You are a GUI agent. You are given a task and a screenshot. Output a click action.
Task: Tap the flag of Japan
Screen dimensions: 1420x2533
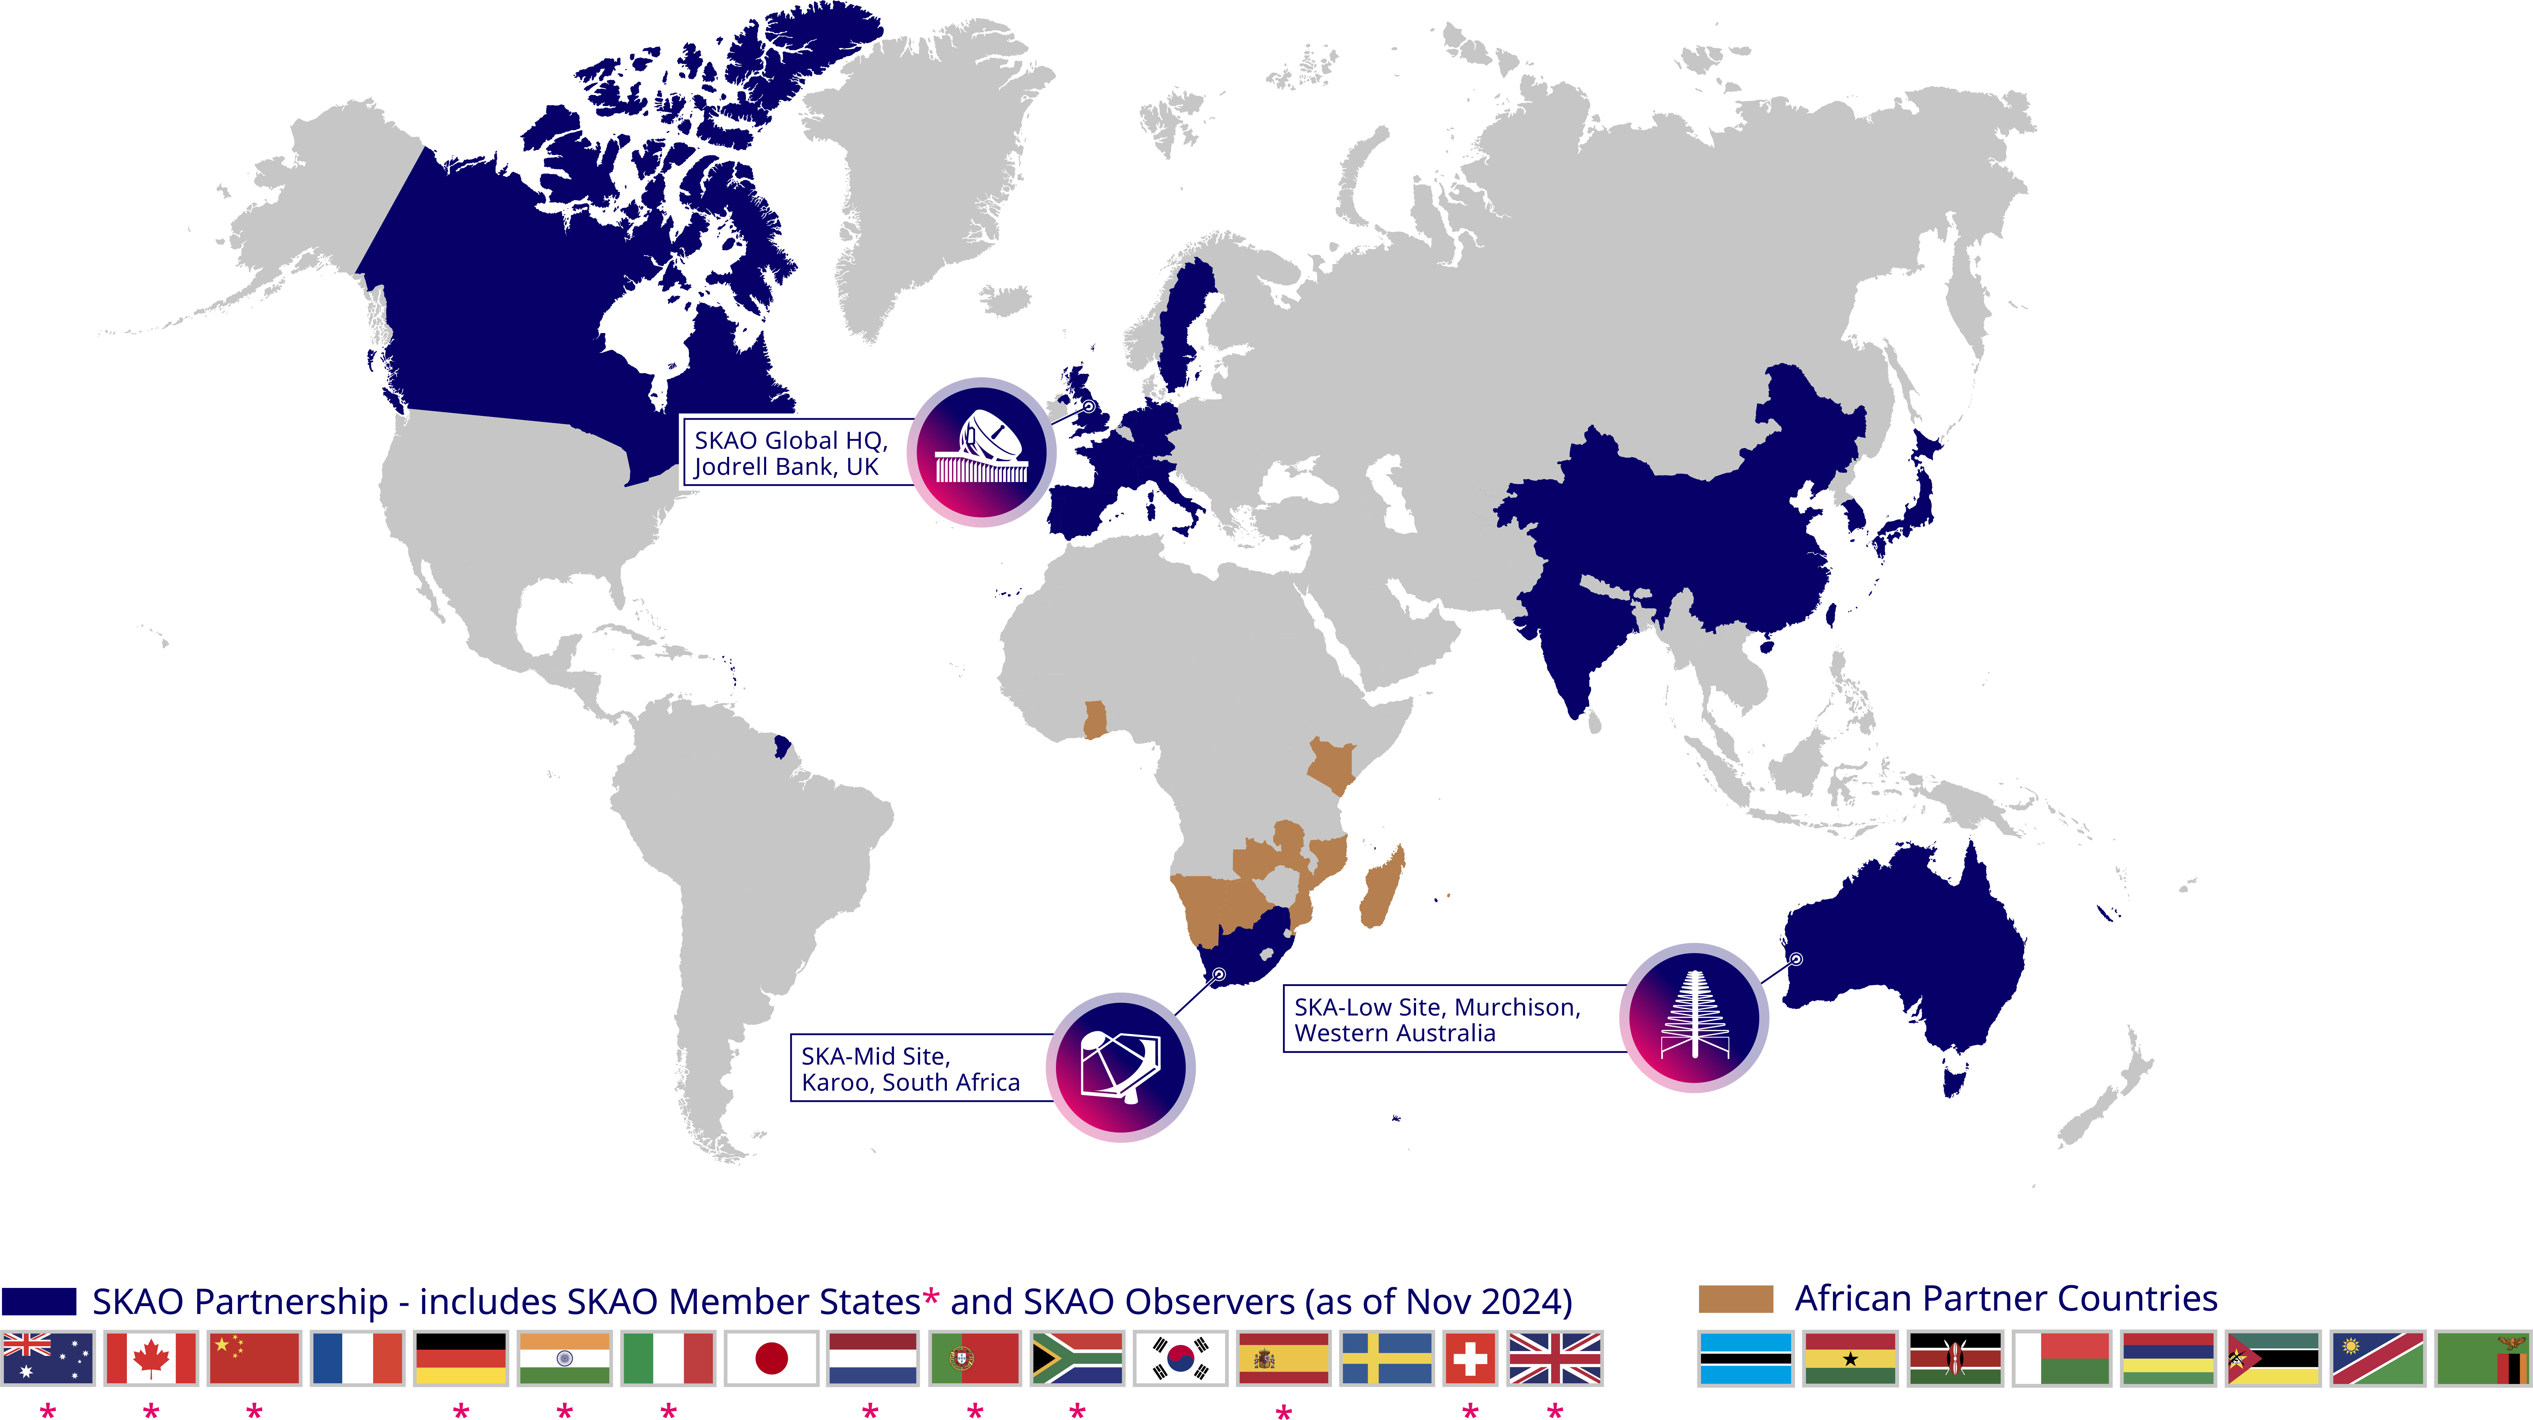[771, 1358]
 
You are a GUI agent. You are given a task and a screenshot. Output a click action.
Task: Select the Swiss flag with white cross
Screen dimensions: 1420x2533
[1470, 1358]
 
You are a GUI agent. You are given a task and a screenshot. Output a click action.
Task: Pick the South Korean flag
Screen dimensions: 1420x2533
[1180, 1358]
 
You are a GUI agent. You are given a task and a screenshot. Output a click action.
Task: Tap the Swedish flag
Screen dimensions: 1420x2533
[1387, 1358]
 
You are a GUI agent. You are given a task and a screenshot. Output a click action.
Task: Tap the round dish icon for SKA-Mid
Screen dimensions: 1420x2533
[1121, 1067]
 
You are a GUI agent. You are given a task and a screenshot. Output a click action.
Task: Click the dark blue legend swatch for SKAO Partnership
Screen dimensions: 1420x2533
[39, 1301]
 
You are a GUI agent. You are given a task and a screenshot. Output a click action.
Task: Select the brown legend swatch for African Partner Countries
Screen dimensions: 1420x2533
[1736, 1299]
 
